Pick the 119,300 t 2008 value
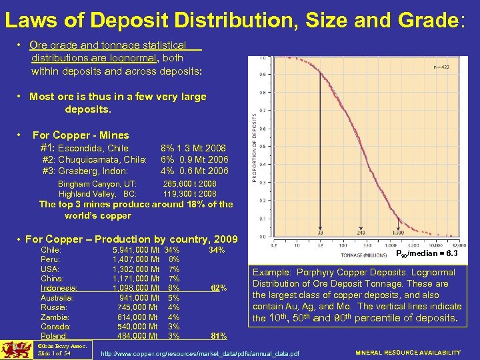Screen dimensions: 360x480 [x=190, y=193]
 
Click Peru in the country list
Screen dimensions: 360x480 [x=51, y=259]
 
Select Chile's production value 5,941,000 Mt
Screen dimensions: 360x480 [x=137, y=250]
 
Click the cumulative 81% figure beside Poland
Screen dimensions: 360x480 [x=218, y=335]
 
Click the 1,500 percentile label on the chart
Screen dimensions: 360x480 [x=379, y=233]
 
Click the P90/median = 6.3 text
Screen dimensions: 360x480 [x=427, y=253]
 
